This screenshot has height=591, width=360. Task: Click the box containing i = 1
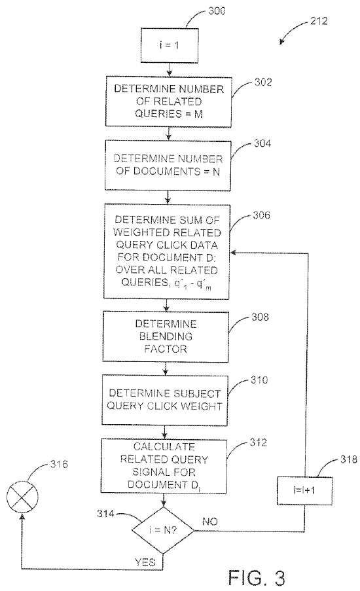click(x=170, y=45)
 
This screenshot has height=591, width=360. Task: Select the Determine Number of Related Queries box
click(x=168, y=101)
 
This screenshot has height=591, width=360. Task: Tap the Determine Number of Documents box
click(x=168, y=166)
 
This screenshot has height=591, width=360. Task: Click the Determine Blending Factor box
click(x=166, y=337)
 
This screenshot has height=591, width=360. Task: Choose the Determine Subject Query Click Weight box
click(x=165, y=401)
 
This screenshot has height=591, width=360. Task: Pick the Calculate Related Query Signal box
click(x=164, y=466)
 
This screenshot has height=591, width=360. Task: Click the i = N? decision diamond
click(x=163, y=530)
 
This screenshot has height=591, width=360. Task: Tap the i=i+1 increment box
click(x=304, y=490)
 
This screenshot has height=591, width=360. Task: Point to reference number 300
click(x=217, y=10)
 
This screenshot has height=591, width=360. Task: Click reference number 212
click(x=319, y=21)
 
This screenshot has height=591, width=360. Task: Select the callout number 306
click(x=261, y=215)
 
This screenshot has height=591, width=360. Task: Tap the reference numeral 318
click(x=348, y=459)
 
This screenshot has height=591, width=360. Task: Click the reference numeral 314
click(x=105, y=513)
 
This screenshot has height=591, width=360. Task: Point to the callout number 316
click(x=59, y=464)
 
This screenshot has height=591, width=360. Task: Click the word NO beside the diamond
click(x=210, y=522)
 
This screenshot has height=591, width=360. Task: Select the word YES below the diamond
click(x=145, y=562)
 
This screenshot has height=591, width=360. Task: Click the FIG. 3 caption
click(x=257, y=577)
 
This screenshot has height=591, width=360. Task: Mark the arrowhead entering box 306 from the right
click(x=233, y=253)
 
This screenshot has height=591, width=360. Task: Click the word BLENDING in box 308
click(x=166, y=336)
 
